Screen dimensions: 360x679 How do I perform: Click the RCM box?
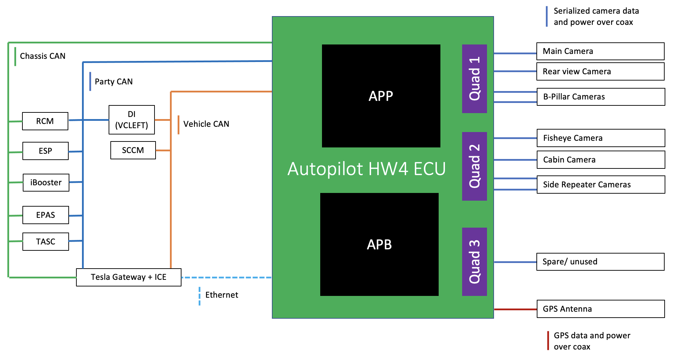pyautogui.click(x=45, y=121)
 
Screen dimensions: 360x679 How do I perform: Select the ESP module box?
pyautogui.click(x=46, y=151)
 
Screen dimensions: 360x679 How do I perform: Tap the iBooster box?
pyautogui.click(x=46, y=182)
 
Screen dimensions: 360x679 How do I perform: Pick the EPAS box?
pyautogui.click(x=46, y=215)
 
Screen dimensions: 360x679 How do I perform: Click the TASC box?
pyautogui.click(x=46, y=242)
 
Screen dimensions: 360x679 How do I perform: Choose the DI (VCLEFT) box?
pyautogui.click(x=132, y=120)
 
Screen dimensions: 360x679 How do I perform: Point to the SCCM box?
pyautogui.click(x=133, y=150)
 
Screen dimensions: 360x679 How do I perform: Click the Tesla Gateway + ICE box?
pyautogui.click(x=129, y=277)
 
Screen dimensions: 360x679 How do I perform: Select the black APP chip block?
pyautogui.click(x=381, y=96)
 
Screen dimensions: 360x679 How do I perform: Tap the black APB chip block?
pyautogui.click(x=379, y=244)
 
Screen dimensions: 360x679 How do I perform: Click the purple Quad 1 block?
pyautogui.click(x=474, y=79)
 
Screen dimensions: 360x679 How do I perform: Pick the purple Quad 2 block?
pyautogui.click(x=474, y=166)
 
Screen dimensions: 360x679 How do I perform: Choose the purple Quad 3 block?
pyautogui.click(x=474, y=262)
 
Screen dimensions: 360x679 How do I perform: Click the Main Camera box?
pyautogui.click(x=600, y=51)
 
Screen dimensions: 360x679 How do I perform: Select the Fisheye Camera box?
pyautogui.click(x=601, y=138)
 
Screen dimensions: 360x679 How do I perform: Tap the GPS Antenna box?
pyautogui.click(x=601, y=309)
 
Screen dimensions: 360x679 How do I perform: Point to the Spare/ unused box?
pyautogui.click(x=600, y=262)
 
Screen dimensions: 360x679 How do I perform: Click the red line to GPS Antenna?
pyautogui.click(x=515, y=309)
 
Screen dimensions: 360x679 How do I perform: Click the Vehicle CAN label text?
pyautogui.click(x=206, y=124)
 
